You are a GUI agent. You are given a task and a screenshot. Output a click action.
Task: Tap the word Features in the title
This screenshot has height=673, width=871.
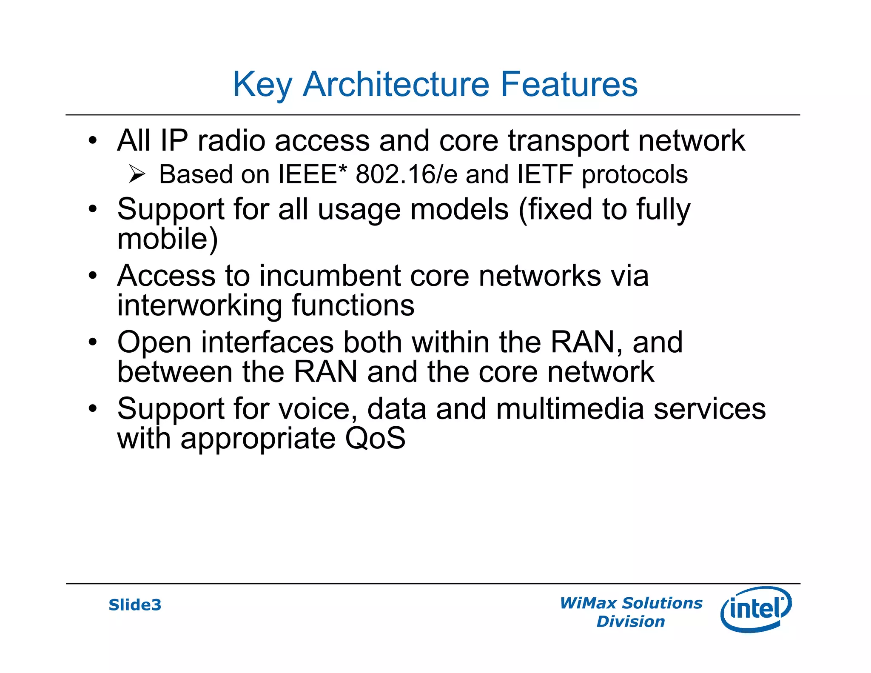(569, 84)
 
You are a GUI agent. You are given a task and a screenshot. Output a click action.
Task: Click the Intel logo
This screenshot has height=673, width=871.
(756, 609)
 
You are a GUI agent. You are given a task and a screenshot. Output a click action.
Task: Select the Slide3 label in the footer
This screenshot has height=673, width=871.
(135, 605)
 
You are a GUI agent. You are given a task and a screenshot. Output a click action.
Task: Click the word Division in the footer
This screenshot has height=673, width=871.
(630, 622)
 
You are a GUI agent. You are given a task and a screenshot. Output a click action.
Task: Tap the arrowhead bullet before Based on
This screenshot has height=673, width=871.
(137, 174)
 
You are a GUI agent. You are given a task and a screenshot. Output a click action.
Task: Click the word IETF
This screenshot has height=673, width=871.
(545, 174)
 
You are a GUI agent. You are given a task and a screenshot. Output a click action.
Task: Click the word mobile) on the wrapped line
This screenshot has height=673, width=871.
(167, 239)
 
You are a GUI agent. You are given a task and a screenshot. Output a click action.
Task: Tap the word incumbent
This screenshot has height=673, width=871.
(330, 276)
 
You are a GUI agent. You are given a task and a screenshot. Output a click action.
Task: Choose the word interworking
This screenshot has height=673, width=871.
(199, 305)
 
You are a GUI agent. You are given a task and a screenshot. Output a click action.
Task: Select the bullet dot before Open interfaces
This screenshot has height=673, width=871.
(93, 342)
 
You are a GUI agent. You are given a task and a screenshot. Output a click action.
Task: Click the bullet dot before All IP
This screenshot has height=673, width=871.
(93, 140)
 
